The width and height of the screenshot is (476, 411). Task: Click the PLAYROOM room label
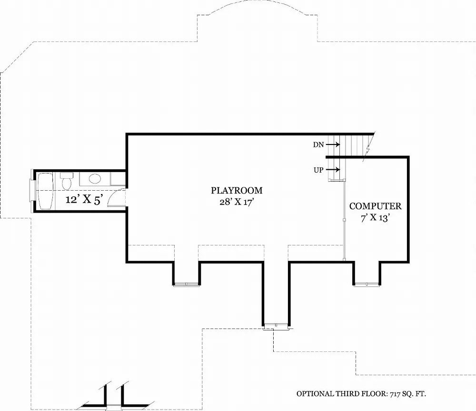tap(237, 191)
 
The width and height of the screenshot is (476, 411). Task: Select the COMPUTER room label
tap(375, 206)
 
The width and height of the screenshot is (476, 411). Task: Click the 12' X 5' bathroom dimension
tap(84, 200)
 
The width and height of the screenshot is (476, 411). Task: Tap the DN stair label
tap(318, 144)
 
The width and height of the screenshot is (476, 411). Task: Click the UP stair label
tap(318, 169)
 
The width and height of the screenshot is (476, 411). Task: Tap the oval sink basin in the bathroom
tap(95, 179)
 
